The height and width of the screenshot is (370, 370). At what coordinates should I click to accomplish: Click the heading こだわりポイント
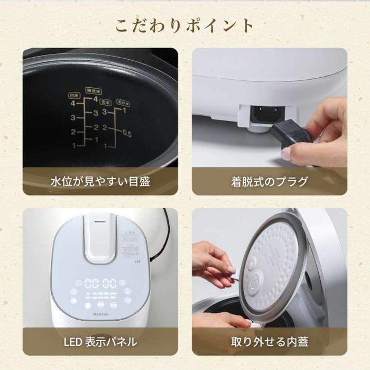click(x=184, y=25)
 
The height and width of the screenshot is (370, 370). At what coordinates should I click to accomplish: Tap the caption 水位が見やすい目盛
click(x=100, y=182)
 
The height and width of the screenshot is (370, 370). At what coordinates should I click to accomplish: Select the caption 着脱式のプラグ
click(x=269, y=182)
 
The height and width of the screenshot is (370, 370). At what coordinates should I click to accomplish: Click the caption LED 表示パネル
click(x=100, y=342)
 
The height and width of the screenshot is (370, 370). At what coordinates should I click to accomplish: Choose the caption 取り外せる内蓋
click(x=269, y=342)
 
